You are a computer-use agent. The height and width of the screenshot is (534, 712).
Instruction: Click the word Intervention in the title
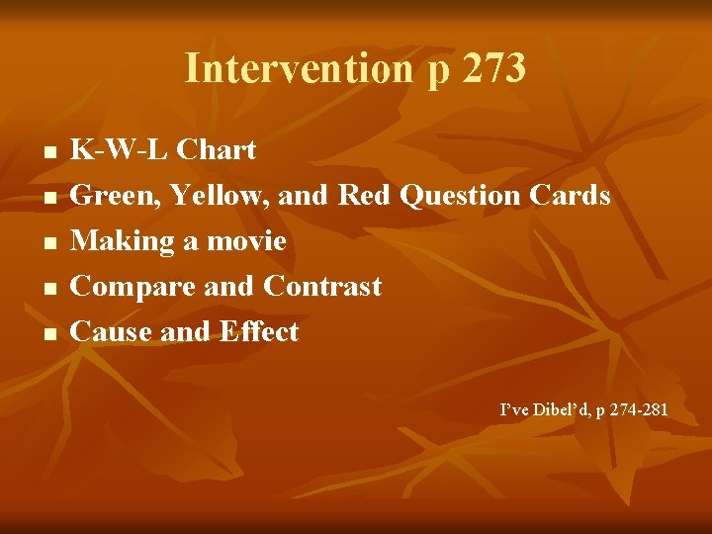(296, 68)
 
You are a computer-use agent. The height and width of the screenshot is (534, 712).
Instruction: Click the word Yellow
(219, 196)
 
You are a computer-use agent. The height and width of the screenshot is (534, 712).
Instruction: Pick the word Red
(366, 196)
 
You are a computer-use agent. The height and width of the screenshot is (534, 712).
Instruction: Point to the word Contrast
(322, 287)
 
